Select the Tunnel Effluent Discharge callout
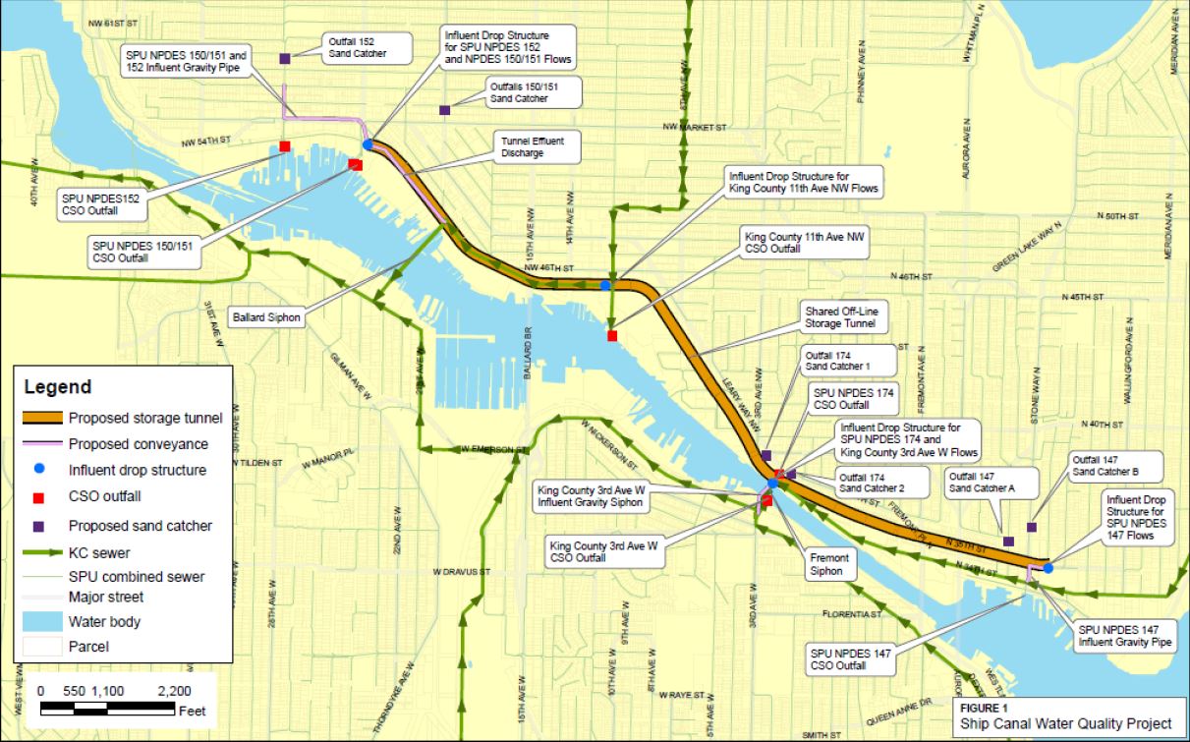pos(532,147)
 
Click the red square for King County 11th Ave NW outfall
pos(612,336)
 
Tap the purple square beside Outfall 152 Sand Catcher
pos(284,59)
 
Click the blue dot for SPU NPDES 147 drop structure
pos(1048,568)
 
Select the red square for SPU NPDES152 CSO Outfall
pos(285,146)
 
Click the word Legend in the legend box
pos(58,387)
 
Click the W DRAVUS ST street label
pos(461,571)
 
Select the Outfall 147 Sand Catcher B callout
pos(1105,465)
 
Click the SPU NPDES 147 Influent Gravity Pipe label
pos(1124,636)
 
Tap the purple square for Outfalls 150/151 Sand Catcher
pos(444,110)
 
